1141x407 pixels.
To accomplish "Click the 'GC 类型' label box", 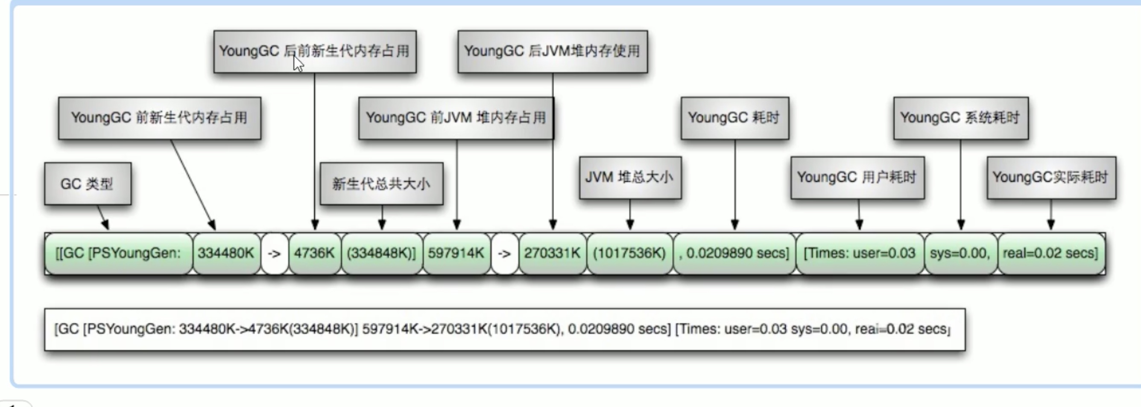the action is pos(88,183).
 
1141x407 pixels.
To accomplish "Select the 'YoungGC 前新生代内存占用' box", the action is pos(159,118).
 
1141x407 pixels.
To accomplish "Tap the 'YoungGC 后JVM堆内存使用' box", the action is pos(552,51).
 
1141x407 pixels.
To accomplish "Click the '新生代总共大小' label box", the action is pos(381,183).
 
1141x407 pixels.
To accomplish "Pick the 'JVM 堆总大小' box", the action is pos(630,177).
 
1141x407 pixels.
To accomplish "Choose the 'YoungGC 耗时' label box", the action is pos(734,118).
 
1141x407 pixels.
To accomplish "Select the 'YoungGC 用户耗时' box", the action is pos(857,177).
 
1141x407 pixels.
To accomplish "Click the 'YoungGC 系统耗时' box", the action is pos(961,118).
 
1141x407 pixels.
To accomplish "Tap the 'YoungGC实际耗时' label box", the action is pos(1051,177).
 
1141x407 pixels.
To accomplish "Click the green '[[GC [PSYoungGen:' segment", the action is pos(119,253).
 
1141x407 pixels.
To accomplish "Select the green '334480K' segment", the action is pos(226,253).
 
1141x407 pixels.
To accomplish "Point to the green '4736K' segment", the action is pos(314,253).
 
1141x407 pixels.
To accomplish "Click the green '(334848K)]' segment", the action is pos(382,253).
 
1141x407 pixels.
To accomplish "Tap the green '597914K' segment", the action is pos(456,253).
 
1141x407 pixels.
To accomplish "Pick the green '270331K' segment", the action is pos(552,253).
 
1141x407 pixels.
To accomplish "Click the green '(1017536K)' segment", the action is pos(629,253).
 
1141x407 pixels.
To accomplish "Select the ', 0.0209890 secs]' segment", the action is pos(734,253).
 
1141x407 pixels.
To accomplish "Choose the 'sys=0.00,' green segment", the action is pos(960,253).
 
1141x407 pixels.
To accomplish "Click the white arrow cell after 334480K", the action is pos(275,253).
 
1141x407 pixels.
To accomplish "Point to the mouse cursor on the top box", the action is pos(298,63).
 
